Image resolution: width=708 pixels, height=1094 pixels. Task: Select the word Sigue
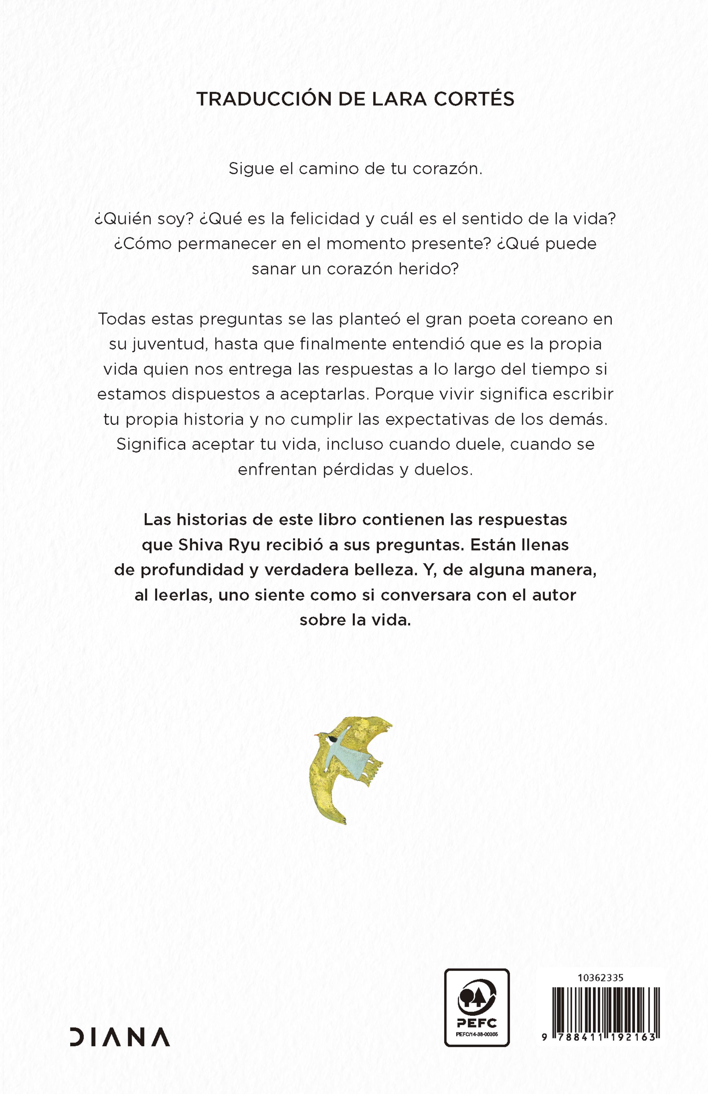click(249, 169)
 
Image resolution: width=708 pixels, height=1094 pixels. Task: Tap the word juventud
click(164, 344)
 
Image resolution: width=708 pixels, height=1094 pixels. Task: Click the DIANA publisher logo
click(120, 1037)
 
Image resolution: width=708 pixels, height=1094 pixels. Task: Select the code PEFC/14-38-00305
click(476, 1034)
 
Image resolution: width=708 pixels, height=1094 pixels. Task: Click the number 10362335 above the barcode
click(600, 978)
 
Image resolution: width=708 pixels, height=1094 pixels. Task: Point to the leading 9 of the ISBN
click(544, 1037)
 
